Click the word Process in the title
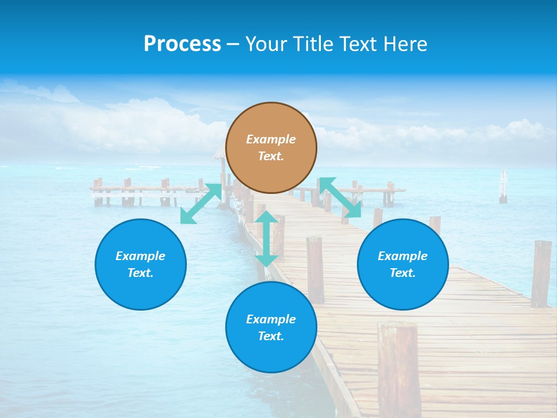coord(182,44)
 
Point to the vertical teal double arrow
coord(266,239)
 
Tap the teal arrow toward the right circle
coord(340,197)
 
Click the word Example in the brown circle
coord(271,139)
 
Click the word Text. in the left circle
coord(140,273)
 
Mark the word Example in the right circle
coord(403,256)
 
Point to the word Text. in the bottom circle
coord(271,336)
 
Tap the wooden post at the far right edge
coord(541,273)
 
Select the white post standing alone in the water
coord(503,186)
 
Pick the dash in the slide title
coord(233,44)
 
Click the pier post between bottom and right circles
coord(315,269)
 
